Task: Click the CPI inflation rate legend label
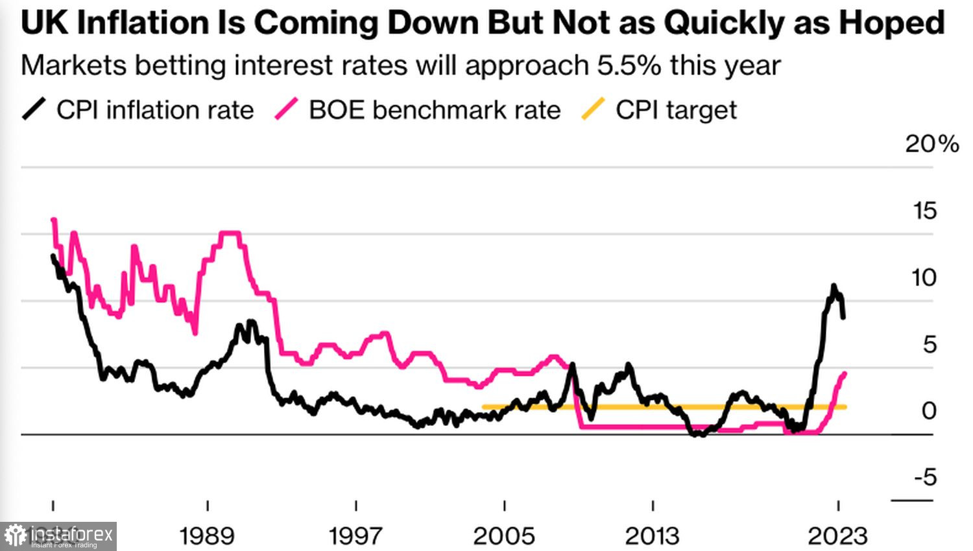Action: click(155, 110)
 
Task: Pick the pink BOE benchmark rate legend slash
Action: click(286, 109)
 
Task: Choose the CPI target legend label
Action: click(676, 110)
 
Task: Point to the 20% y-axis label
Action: click(931, 144)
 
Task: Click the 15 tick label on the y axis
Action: click(924, 211)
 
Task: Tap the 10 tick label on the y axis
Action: click(924, 278)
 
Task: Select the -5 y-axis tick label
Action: click(926, 478)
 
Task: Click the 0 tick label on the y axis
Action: click(929, 411)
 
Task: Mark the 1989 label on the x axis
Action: click(207, 536)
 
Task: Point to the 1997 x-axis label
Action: click(355, 536)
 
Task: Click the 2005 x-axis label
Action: click(504, 536)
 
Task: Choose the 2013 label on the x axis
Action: click(652, 536)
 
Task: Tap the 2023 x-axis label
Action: click(837, 536)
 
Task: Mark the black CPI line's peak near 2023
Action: click(834, 286)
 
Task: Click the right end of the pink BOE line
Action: click(845, 373)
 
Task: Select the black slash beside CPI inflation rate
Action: click(34, 109)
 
